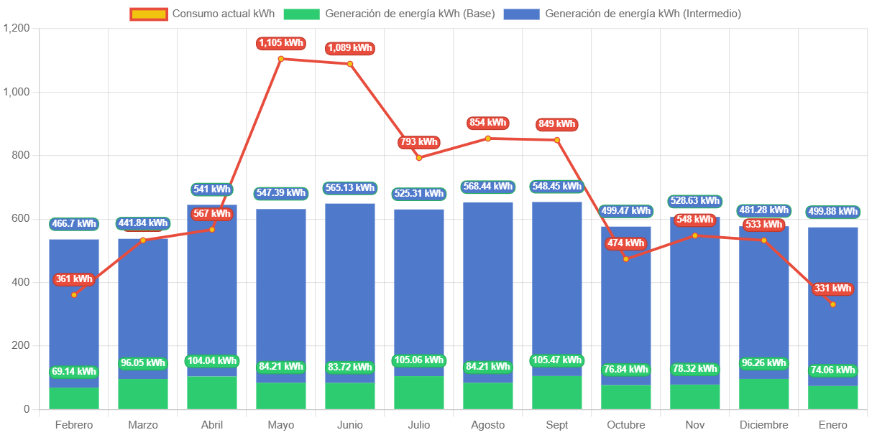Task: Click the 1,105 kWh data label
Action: click(x=281, y=43)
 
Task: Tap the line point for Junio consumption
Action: click(x=350, y=64)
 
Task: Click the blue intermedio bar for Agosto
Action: click(x=488, y=287)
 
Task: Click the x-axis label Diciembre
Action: click(x=763, y=425)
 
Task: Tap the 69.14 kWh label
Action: click(x=74, y=372)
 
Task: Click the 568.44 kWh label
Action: click(x=488, y=187)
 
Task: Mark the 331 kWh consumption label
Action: click(x=833, y=289)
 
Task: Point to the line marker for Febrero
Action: click(x=74, y=294)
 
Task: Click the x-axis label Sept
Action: click(x=557, y=425)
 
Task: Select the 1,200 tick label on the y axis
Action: click(x=17, y=28)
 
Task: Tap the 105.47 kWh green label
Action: click(x=557, y=360)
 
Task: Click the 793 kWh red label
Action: click(x=418, y=142)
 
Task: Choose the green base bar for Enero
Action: click(x=833, y=398)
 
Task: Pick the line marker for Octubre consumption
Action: click(x=626, y=258)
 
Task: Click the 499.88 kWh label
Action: click(x=833, y=211)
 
